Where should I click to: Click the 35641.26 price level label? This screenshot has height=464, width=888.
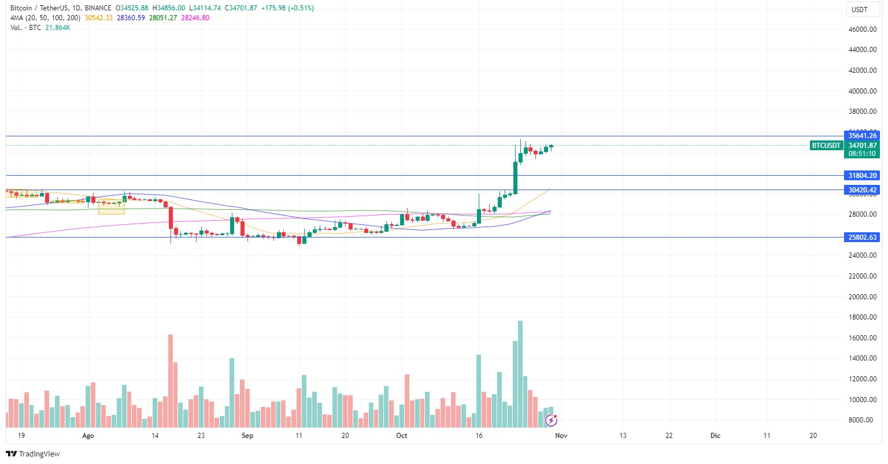click(863, 136)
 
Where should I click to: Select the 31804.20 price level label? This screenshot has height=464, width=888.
click(863, 175)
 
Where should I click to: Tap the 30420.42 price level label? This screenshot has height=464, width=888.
click(863, 190)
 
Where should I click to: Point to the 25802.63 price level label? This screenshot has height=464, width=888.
click(863, 237)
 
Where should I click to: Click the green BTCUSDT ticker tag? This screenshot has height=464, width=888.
click(826, 146)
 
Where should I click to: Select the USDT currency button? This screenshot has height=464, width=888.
click(860, 9)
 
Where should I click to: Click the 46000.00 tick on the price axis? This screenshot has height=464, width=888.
click(861, 29)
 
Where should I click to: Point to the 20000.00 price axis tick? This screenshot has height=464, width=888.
click(861, 296)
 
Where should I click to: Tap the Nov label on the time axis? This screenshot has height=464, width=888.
click(561, 436)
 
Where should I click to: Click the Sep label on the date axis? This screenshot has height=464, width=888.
click(247, 436)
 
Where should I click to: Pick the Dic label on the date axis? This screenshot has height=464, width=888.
click(715, 436)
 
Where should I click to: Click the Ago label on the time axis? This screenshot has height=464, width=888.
click(88, 436)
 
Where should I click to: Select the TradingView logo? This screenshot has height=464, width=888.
click(33, 454)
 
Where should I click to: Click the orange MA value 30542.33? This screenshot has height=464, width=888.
click(99, 18)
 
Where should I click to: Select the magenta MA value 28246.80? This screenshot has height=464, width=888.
click(195, 18)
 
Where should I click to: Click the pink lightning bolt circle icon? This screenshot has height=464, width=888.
click(551, 420)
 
